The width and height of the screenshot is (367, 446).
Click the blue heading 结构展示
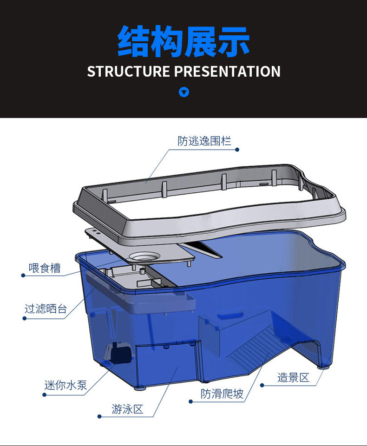[183, 42]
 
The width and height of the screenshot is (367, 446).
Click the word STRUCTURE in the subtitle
[129, 72]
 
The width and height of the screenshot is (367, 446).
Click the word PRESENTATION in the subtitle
[228, 72]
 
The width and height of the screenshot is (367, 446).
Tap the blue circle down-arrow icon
[184, 92]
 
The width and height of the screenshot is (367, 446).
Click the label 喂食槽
[45, 268]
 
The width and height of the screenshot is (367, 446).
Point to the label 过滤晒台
[46, 308]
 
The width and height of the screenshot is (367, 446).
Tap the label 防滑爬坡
[222, 394]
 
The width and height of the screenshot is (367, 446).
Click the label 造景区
[293, 377]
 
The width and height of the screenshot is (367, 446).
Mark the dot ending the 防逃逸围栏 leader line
[237, 150]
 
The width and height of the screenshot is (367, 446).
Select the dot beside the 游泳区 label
[99, 416]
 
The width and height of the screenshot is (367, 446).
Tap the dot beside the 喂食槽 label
[23, 275]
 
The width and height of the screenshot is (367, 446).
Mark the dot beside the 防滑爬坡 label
[190, 401]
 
